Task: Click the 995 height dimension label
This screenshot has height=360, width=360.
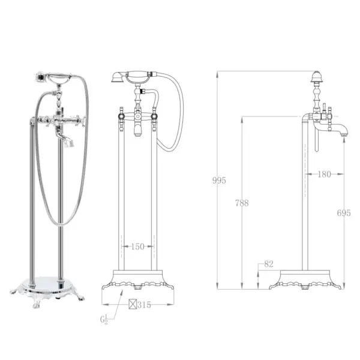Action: tap(219, 181)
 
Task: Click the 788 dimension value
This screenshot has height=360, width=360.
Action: tap(242, 203)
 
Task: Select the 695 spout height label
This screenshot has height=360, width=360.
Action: tap(344, 213)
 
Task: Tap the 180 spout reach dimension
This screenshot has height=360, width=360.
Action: tap(325, 175)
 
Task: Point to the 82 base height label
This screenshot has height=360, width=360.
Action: tap(269, 264)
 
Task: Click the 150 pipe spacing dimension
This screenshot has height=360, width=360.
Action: tap(137, 247)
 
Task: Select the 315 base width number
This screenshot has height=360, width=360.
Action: tap(144, 305)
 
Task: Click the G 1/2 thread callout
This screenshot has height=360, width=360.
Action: tap(104, 319)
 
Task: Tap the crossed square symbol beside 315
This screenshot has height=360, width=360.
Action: tap(133, 304)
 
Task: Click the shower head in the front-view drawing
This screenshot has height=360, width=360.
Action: tap(118, 77)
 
